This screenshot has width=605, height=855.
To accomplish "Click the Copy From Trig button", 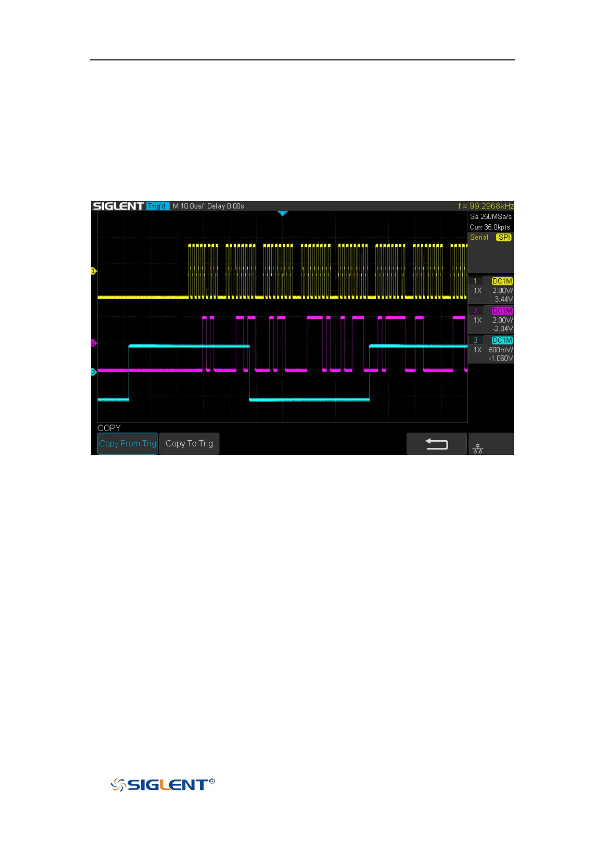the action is coord(128,443).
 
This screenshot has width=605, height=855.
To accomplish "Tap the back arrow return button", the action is coord(436,444).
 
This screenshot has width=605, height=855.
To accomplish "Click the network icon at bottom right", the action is coord(477,449).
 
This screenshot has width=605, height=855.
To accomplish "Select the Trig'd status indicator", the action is coord(157,206).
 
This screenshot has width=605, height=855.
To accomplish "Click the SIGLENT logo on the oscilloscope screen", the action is coord(118,206).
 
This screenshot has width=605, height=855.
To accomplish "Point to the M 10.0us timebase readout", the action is coord(187,206).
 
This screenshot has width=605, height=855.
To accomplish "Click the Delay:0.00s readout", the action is coord(226,206).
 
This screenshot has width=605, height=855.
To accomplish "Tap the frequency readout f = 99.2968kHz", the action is coord(486,206).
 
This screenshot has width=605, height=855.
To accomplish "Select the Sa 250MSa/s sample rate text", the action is coord(491,217).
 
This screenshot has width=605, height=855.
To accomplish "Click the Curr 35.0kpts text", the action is coord(490,227).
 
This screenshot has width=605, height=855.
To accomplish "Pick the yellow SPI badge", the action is coord(504,237).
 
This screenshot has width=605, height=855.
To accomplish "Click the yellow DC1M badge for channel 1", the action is coord(502,281).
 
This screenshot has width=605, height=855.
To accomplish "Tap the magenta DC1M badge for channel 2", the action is coord(502,311).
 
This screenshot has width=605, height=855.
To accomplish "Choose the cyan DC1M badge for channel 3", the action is coord(502,340).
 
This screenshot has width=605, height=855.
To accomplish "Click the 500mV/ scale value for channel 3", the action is coord(500,350).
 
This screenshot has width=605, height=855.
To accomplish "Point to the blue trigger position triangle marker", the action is coord(283,214).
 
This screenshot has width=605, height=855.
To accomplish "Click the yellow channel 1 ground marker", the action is coord(93,271).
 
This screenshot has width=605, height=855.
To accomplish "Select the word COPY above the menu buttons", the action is coord(109,428).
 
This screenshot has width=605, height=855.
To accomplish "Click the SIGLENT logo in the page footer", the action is coord(163,785).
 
